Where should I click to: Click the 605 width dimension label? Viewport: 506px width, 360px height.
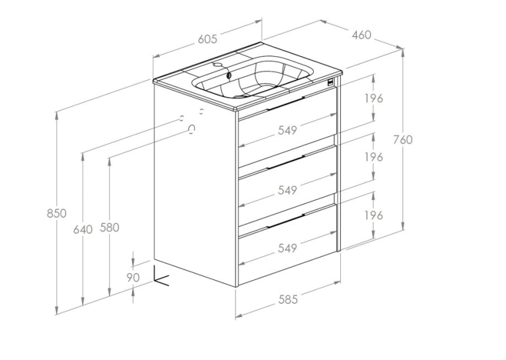pyautogui.click(x=207, y=39)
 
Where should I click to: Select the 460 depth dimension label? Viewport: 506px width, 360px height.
pyautogui.click(x=361, y=35)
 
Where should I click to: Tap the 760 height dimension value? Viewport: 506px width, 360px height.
pyautogui.click(x=403, y=139)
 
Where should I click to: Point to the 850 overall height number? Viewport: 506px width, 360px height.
pyautogui.click(x=56, y=213)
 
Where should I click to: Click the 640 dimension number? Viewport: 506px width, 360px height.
pyautogui.click(x=83, y=230)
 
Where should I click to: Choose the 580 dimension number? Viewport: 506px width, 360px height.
pyautogui.click(x=110, y=227)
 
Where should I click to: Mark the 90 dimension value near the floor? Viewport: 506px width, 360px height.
pyautogui.click(x=133, y=277)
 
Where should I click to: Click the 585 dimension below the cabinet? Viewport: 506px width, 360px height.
pyautogui.click(x=287, y=300)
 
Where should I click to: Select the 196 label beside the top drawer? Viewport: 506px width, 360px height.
pyautogui.click(x=374, y=98)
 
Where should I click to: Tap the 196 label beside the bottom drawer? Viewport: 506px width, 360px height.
pyautogui.click(x=374, y=215)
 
